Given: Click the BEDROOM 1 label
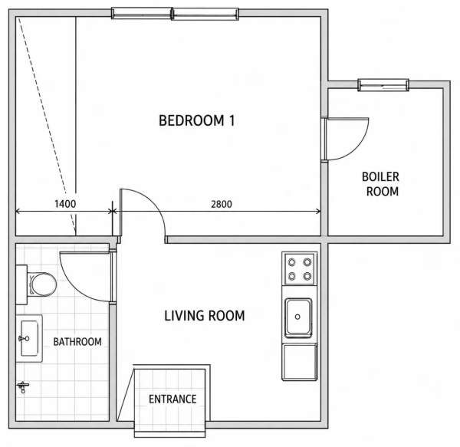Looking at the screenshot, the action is [x=196, y=120].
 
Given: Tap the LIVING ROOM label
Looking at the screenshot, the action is [x=205, y=316].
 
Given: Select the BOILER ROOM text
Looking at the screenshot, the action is [x=380, y=184].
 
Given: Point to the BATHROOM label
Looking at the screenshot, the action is [x=77, y=342].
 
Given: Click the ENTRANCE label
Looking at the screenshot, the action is [x=172, y=399].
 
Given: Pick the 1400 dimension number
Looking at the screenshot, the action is [x=65, y=204].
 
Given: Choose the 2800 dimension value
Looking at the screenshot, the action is [x=222, y=204].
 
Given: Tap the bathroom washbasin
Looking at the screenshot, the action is [x=29, y=338].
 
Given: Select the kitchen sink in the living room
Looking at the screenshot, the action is [x=298, y=317].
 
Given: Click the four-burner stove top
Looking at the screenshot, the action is [x=299, y=268].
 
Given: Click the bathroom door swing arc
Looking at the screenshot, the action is [x=74, y=287].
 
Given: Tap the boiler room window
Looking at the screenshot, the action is [x=383, y=85].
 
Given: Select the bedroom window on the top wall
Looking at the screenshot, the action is [x=175, y=14].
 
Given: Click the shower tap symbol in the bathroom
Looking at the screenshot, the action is [x=23, y=387].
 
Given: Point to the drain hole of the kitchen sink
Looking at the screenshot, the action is [x=297, y=317].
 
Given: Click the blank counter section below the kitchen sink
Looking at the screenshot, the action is [x=300, y=362].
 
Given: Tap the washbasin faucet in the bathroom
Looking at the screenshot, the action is [x=24, y=339].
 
